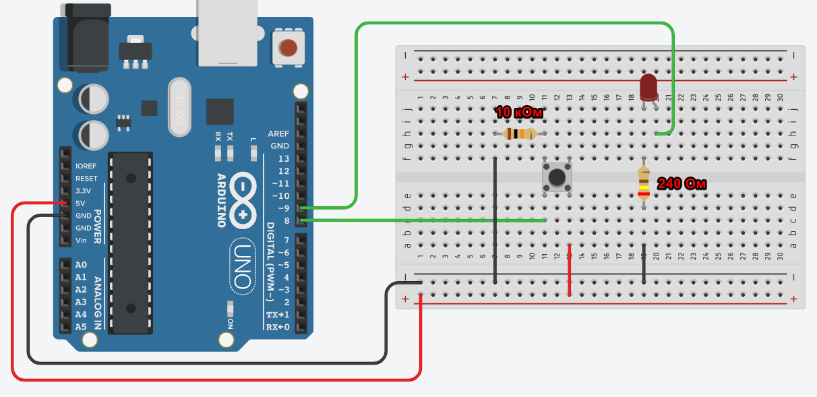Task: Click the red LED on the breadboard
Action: pos(648,87)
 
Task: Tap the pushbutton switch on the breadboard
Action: pos(557,177)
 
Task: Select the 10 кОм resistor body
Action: pos(519,133)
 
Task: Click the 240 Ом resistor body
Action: pos(644,183)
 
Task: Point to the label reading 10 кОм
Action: pos(518,113)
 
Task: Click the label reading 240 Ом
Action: pos(682,183)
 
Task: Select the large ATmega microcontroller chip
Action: pos(131,243)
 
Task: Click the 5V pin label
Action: pos(81,203)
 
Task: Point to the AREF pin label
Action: pos(278,133)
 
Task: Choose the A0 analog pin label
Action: pos(81,265)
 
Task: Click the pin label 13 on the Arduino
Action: pos(283,158)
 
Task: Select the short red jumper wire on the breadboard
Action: pos(570,270)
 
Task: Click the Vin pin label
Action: pos(81,241)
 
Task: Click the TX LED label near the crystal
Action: pos(231,136)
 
